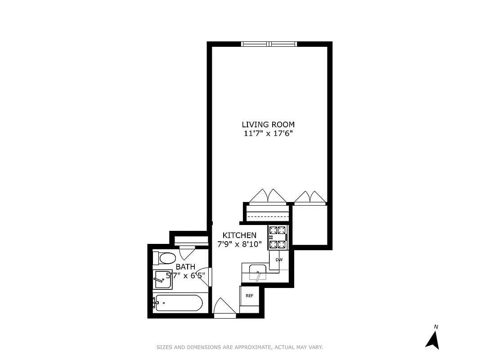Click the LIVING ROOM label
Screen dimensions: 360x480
[268, 125]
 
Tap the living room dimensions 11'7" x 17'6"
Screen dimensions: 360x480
[268, 133]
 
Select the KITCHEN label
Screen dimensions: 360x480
[240, 235]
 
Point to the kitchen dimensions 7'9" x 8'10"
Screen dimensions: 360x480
[240, 244]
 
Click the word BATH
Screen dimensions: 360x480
[185, 267]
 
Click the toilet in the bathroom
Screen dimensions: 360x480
[165, 258]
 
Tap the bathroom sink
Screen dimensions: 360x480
[162, 279]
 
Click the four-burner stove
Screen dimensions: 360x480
[277, 238]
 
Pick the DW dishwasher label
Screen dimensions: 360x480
[279, 260]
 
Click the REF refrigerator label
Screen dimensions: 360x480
[249, 296]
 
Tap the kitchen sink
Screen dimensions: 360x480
[258, 273]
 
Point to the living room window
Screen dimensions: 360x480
[269, 44]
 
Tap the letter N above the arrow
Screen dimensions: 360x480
[435, 326]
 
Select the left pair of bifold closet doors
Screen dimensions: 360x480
[268, 196]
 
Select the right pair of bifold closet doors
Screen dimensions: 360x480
[310, 197]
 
